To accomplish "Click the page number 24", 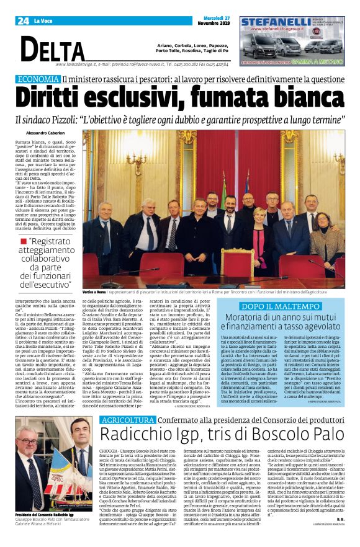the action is (x=24, y=21).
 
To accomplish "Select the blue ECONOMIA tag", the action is (x=38, y=79).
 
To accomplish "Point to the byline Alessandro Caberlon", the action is (x=47, y=133).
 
